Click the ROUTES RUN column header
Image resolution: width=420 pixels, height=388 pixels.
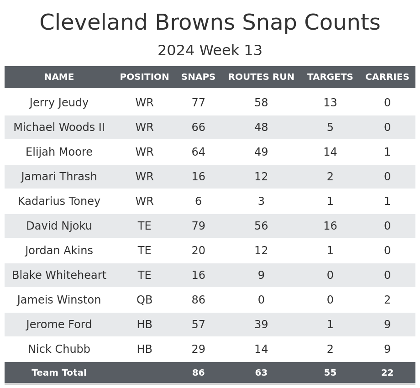tap(261, 77)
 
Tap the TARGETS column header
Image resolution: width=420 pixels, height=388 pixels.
tap(330, 77)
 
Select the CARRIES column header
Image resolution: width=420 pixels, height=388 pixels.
tap(387, 77)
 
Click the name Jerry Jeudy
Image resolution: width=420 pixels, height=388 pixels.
tap(59, 103)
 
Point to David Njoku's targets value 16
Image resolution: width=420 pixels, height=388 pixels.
tap(330, 226)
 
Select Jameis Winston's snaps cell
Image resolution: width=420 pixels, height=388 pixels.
tap(198, 300)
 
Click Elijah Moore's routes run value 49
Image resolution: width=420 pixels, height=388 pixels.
tap(261, 152)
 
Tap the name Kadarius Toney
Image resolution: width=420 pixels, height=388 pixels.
tap(59, 201)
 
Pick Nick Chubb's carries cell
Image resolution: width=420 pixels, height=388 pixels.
tap(387, 349)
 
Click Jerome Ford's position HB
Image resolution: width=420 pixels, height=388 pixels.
tap(144, 325)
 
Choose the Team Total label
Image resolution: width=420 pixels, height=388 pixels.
tap(59, 373)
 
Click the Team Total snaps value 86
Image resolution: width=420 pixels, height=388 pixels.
tap(198, 373)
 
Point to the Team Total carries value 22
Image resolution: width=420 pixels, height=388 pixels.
tap(387, 373)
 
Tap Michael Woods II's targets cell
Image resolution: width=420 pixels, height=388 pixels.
tap(330, 127)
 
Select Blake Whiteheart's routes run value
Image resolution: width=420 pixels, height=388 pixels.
tap(261, 275)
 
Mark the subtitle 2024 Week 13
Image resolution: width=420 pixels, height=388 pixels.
tap(210, 51)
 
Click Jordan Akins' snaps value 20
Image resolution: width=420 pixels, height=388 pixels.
tap(198, 251)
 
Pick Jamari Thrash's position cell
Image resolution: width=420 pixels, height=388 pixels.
tap(144, 177)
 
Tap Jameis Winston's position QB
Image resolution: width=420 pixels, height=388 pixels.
tap(144, 300)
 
